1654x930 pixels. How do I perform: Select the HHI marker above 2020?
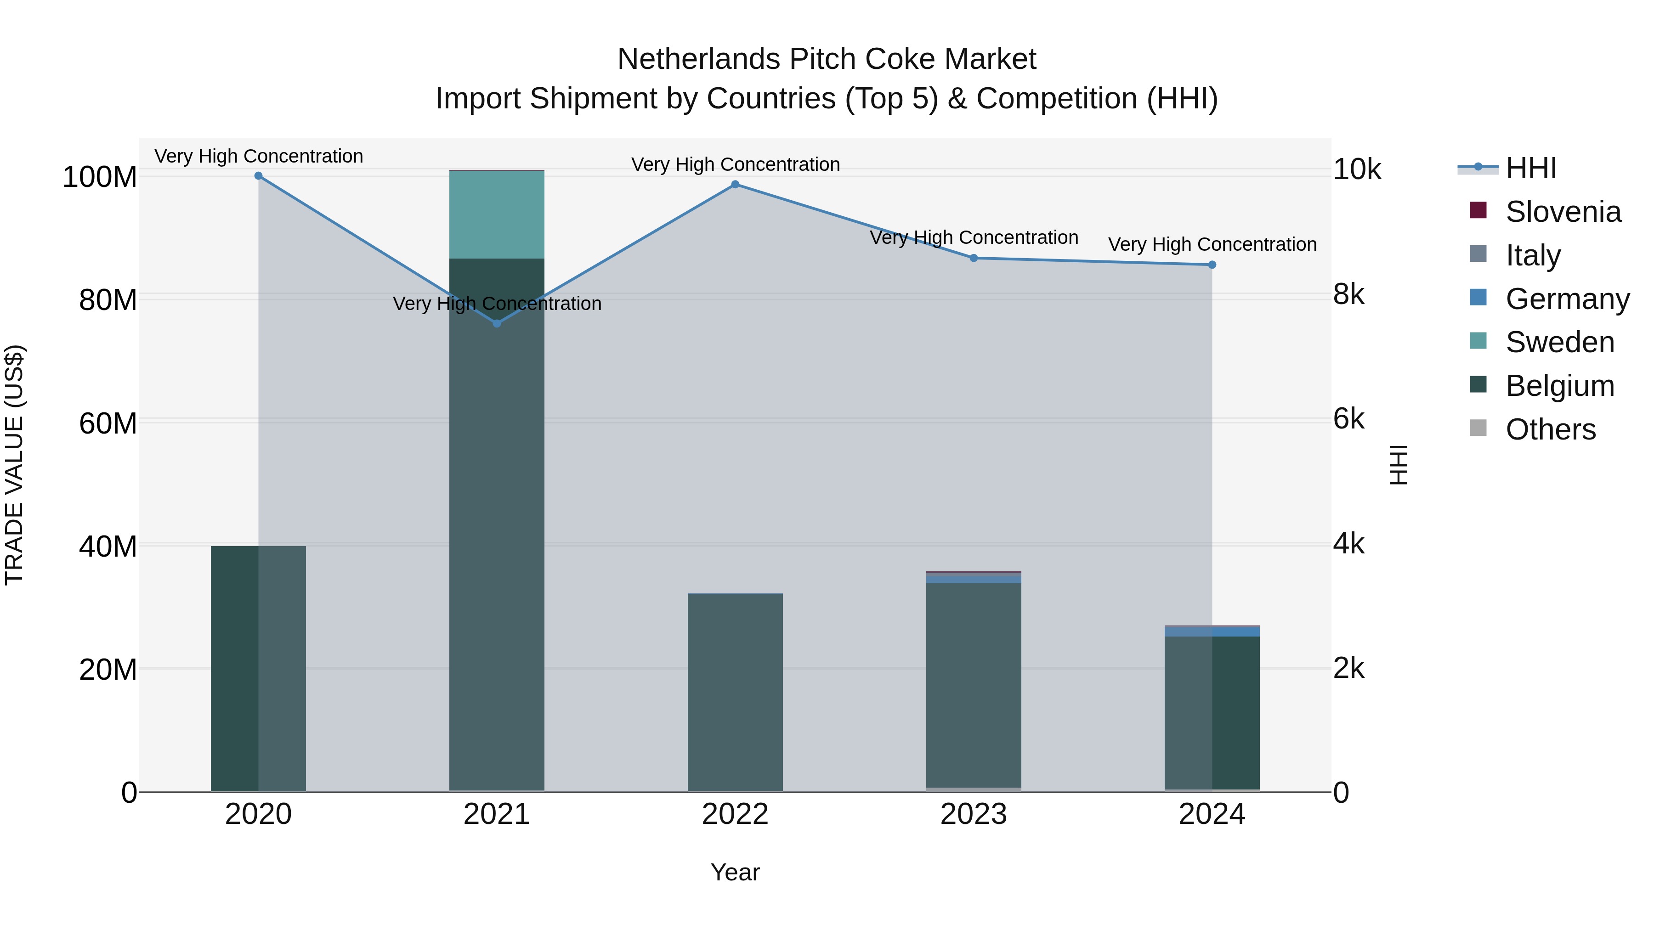click(258, 176)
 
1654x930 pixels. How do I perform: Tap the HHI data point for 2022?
click(735, 185)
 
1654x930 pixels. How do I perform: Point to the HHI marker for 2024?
click(1212, 265)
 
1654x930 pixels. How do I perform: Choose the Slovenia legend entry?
click(1563, 212)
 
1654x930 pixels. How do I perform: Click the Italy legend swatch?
click(1478, 254)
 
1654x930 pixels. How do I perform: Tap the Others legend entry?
click(1550, 429)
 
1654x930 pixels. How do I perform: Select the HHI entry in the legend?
click(1531, 168)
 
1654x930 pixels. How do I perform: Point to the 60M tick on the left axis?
click(108, 423)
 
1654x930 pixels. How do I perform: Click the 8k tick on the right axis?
click(1349, 294)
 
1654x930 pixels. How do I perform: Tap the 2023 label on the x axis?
click(974, 814)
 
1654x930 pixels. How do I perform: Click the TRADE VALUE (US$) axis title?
click(14, 465)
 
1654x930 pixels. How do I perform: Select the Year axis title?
click(735, 872)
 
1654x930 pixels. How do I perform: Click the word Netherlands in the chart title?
click(698, 59)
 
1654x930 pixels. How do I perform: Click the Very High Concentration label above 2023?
click(974, 237)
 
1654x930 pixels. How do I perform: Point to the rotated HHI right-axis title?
click(1397, 465)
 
